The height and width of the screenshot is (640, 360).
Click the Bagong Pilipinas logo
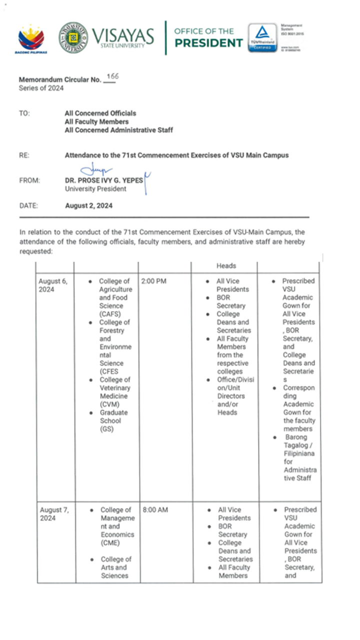click(x=31, y=39)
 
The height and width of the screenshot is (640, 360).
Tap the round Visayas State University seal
click(x=73, y=37)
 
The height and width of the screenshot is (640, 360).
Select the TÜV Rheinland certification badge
click(x=262, y=37)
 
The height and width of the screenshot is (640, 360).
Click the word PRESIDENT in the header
click(x=208, y=43)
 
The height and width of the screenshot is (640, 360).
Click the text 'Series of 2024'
click(x=41, y=88)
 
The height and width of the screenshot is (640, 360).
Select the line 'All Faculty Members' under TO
click(x=96, y=122)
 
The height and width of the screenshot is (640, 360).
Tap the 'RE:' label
click(x=24, y=155)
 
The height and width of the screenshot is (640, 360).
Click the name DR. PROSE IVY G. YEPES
click(x=103, y=181)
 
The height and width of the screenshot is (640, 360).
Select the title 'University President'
click(x=95, y=189)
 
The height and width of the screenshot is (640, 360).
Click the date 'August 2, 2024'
click(x=88, y=205)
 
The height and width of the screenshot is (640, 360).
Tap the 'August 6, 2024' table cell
click(x=53, y=285)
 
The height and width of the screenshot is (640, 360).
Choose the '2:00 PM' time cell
click(x=154, y=281)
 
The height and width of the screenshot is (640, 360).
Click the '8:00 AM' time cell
click(x=155, y=510)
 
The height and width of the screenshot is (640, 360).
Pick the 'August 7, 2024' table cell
click(x=54, y=514)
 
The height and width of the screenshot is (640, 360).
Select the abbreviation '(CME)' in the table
click(x=110, y=543)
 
